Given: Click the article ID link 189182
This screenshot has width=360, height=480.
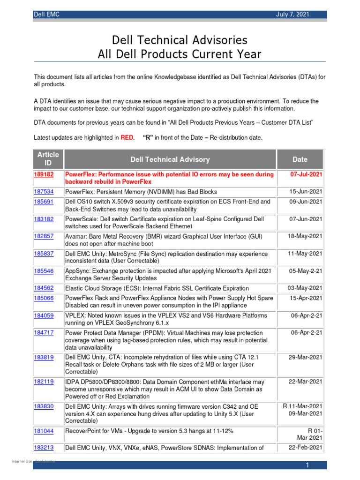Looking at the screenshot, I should click(x=44, y=174).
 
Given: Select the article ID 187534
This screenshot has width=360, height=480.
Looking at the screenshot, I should click(x=44, y=192).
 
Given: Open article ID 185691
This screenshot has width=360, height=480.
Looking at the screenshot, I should click(x=44, y=202).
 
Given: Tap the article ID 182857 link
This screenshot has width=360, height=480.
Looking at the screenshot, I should click(x=44, y=236).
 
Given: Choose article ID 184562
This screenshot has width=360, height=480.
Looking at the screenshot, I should click(x=44, y=288).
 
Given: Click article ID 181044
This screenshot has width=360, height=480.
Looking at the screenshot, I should click(x=44, y=430).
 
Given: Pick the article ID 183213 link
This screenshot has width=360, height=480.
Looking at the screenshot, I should click(x=44, y=448).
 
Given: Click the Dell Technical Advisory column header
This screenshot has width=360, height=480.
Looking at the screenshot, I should click(x=170, y=160).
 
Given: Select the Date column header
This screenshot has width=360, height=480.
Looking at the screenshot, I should click(x=300, y=160).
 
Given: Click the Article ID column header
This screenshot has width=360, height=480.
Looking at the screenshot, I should click(x=48, y=159).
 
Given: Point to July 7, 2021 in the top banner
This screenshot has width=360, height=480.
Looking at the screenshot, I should click(x=293, y=15).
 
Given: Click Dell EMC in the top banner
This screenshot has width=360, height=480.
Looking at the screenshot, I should click(x=46, y=15).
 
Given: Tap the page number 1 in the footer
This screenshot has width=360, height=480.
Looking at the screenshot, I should click(x=307, y=465).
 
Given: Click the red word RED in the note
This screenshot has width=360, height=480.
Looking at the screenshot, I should click(x=127, y=138).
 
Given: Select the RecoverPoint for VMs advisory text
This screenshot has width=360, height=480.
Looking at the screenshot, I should click(x=149, y=430).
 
